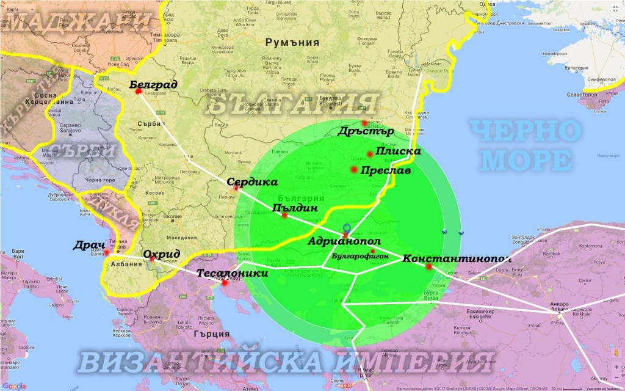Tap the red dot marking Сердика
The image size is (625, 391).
pyautogui.click(x=236, y=188)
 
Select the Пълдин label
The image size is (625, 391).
pyautogui.click(x=295, y=208)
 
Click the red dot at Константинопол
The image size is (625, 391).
pyautogui.click(x=429, y=266)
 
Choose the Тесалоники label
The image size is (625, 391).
pyautogui.click(x=233, y=274)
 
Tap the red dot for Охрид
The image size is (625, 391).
pyautogui.click(x=152, y=259)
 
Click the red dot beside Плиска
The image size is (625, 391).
pyautogui.click(x=370, y=154)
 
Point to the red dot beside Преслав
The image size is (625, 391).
pyautogui.click(x=354, y=169)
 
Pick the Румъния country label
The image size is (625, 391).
pyautogui.click(x=292, y=43)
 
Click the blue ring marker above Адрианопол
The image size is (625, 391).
pyautogui.click(x=347, y=227)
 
